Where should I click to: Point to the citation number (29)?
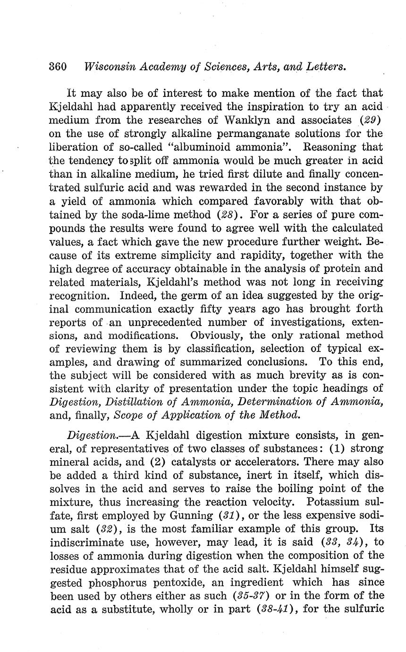pos(371,120)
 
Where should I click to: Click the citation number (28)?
pos(229,214)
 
